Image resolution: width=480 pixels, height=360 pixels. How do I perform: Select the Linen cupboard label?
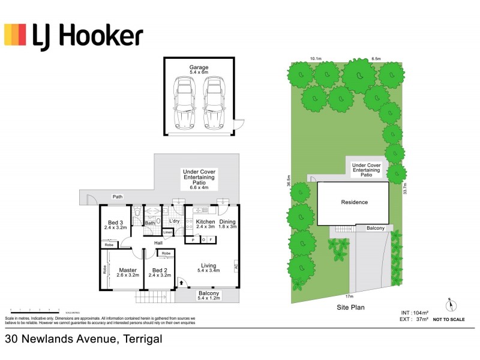coord(168,232)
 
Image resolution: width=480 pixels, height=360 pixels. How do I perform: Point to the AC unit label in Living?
coord(236,265)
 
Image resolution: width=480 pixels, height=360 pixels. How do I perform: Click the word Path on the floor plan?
coord(118,196)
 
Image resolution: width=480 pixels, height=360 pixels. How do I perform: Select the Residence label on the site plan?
coord(354,202)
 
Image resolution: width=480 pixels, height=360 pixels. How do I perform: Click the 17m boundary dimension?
coord(348,296)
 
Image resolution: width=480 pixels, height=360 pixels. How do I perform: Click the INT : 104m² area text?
coord(415,313)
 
